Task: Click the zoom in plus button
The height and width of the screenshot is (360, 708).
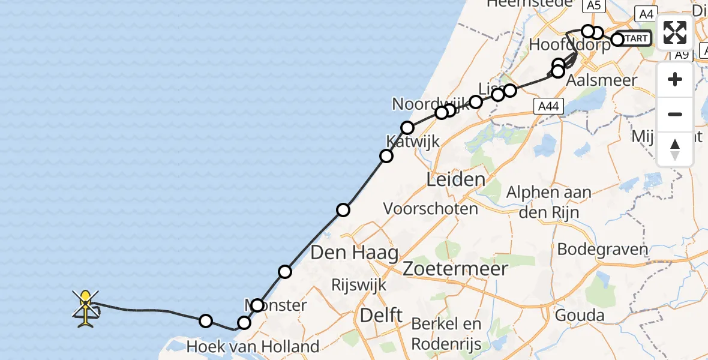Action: [x=675, y=80]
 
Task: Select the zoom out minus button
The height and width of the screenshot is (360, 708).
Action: [x=675, y=114]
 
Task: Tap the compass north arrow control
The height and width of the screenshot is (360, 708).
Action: [x=675, y=149]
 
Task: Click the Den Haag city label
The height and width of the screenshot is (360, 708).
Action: [x=354, y=253]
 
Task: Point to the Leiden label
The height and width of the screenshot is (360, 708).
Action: [x=455, y=179]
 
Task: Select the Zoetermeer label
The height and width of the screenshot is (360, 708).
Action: [x=456, y=268]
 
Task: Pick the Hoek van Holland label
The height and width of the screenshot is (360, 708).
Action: [x=253, y=347]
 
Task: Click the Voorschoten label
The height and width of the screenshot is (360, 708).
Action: [x=431, y=209]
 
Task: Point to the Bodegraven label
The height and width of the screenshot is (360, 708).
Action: [x=602, y=249]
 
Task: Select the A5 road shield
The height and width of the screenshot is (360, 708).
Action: [x=593, y=5]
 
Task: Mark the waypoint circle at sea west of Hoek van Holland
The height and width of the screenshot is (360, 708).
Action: [x=206, y=321]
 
